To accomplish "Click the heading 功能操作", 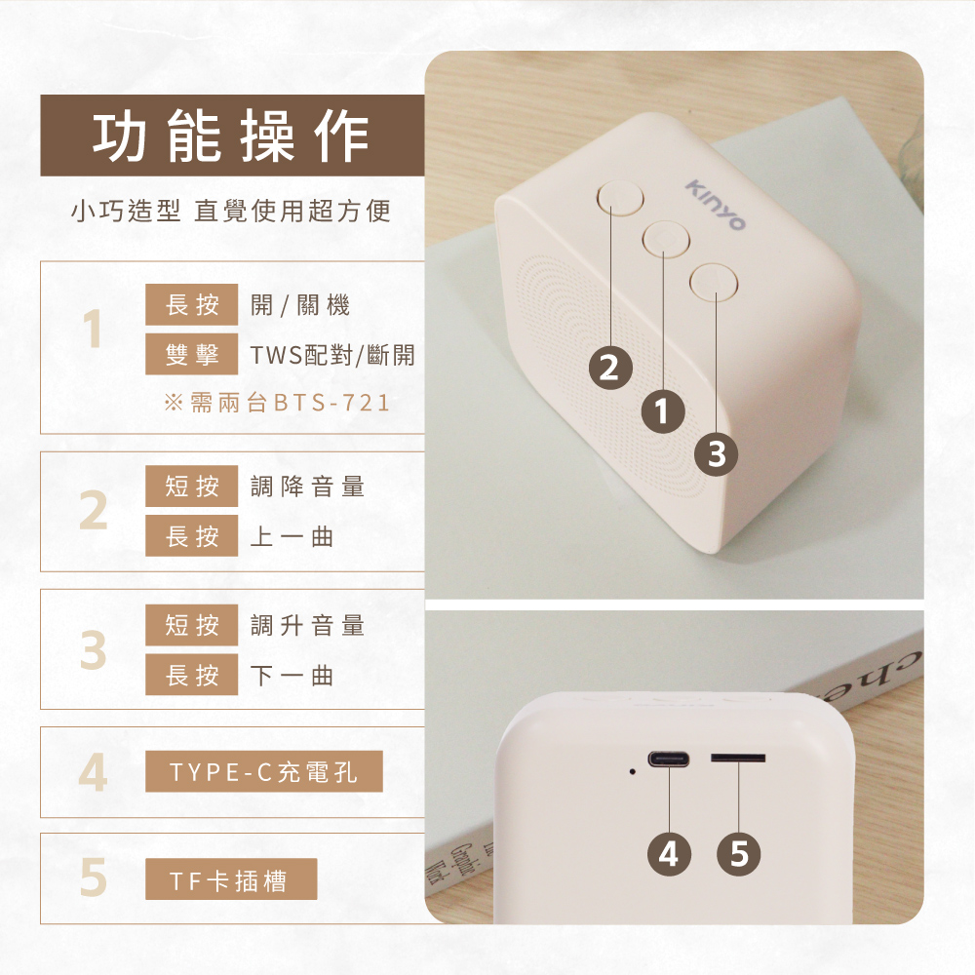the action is point(231,136).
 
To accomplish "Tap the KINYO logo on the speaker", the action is point(715,205).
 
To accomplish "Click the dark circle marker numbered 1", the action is point(663,411).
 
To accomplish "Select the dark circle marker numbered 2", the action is point(610,368).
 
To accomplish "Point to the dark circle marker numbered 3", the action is point(717,454).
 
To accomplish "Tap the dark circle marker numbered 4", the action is point(669,854).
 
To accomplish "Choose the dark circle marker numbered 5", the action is point(739,854).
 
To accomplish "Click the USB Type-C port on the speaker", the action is point(669,760).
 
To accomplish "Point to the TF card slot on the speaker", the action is point(738,758).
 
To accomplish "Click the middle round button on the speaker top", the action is point(666,238).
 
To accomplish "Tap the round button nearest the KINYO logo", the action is point(714,283).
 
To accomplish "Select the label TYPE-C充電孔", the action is point(263,771).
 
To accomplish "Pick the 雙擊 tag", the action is point(191,354).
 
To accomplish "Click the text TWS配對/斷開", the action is point(332,355).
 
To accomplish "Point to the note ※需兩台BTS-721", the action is point(277,403).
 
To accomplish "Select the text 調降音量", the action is point(307,487).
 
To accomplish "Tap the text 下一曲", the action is point(292,675).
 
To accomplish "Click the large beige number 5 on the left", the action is point(94,877).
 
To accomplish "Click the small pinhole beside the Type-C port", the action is point(632,771).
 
